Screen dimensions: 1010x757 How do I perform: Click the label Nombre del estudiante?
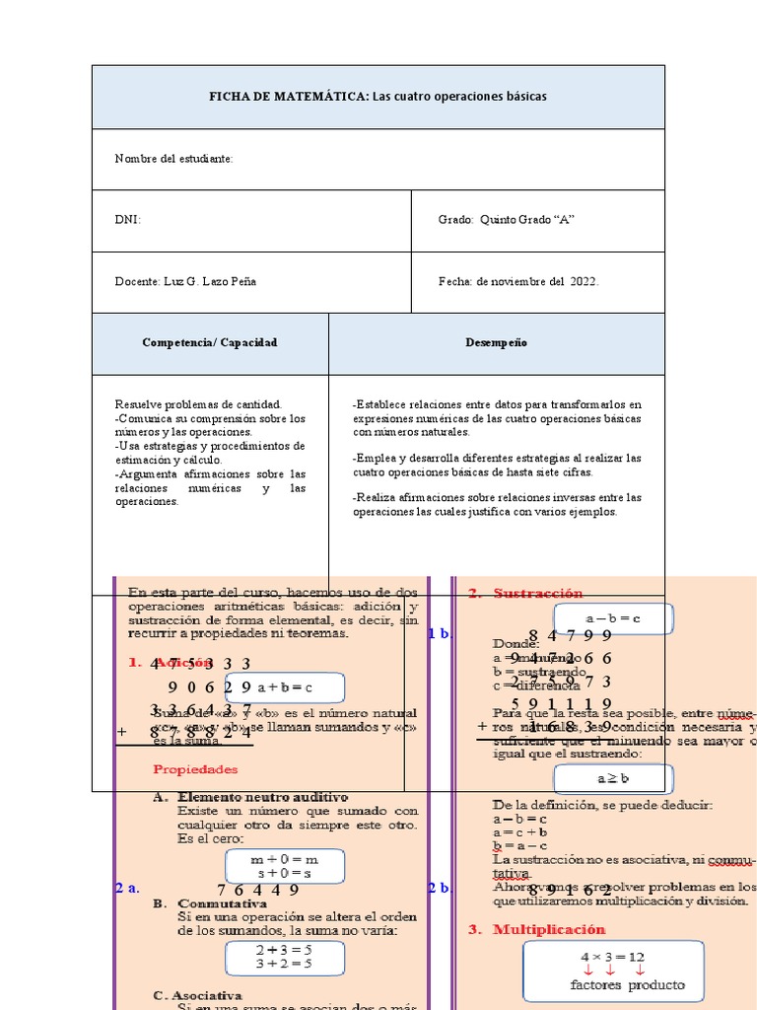[x=173, y=159]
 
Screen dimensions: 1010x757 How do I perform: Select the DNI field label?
[x=127, y=220]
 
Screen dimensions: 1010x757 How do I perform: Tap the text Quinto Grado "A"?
[x=526, y=220]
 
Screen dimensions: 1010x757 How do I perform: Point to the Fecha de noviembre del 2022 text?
[x=518, y=281]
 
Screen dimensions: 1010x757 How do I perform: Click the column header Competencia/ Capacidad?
[x=210, y=342]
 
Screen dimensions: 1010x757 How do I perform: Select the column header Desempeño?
[x=496, y=342]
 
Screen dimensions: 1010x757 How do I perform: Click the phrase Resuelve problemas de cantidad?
[x=198, y=404]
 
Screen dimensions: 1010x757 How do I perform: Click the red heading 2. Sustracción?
[x=525, y=593]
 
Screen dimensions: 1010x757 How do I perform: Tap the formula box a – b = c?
[x=612, y=618]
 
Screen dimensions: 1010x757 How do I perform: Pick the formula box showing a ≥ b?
[x=612, y=778]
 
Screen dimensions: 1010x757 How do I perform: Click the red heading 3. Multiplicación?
[x=549, y=929]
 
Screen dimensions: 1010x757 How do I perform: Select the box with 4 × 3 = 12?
[x=612, y=972]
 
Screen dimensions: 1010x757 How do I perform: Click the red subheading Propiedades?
[x=195, y=768]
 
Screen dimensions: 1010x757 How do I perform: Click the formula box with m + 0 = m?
[x=285, y=866]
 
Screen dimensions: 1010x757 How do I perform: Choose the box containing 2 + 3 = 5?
[x=284, y=956]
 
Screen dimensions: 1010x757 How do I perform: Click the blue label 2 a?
[x=126, y=888]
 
